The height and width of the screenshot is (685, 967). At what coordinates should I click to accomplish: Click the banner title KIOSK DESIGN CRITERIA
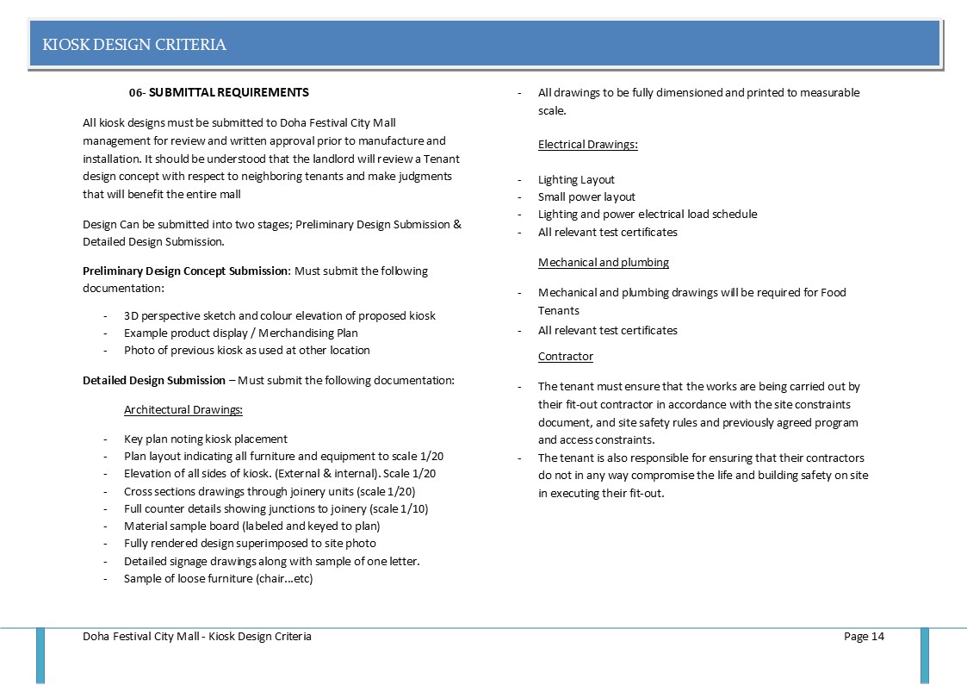[x=134, y=45]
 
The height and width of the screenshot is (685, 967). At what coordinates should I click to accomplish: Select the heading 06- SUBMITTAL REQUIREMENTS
[x=219, y=92]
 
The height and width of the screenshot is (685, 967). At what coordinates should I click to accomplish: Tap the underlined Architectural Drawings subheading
[x=183, y=409]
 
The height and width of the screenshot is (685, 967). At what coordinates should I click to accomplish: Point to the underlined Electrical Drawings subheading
[x=587, y=145]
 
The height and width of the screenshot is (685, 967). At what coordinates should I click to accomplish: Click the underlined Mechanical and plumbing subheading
[x=603, y=262]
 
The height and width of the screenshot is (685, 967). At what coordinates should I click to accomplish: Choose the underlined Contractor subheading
[x=565, y=356]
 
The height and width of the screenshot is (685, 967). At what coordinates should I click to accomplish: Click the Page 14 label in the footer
[x=864, y=637]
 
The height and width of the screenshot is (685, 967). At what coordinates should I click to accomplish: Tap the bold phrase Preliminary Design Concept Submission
[x=185, y=271]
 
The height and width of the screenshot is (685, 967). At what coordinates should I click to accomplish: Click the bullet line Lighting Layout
[x=576, y=180]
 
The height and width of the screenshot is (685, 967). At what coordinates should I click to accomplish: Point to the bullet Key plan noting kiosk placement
[x=205, y=439]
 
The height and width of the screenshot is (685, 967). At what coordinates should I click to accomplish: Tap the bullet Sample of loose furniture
[x=218, y=578]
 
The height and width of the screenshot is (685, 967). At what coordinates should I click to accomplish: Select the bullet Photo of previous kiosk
[x=246, y=351]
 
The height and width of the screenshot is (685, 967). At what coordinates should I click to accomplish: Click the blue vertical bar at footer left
[x=40, y=655]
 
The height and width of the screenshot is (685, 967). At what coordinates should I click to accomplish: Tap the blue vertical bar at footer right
[x=925, y=655]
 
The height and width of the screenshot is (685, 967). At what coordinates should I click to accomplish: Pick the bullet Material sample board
[x=251, y=526]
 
